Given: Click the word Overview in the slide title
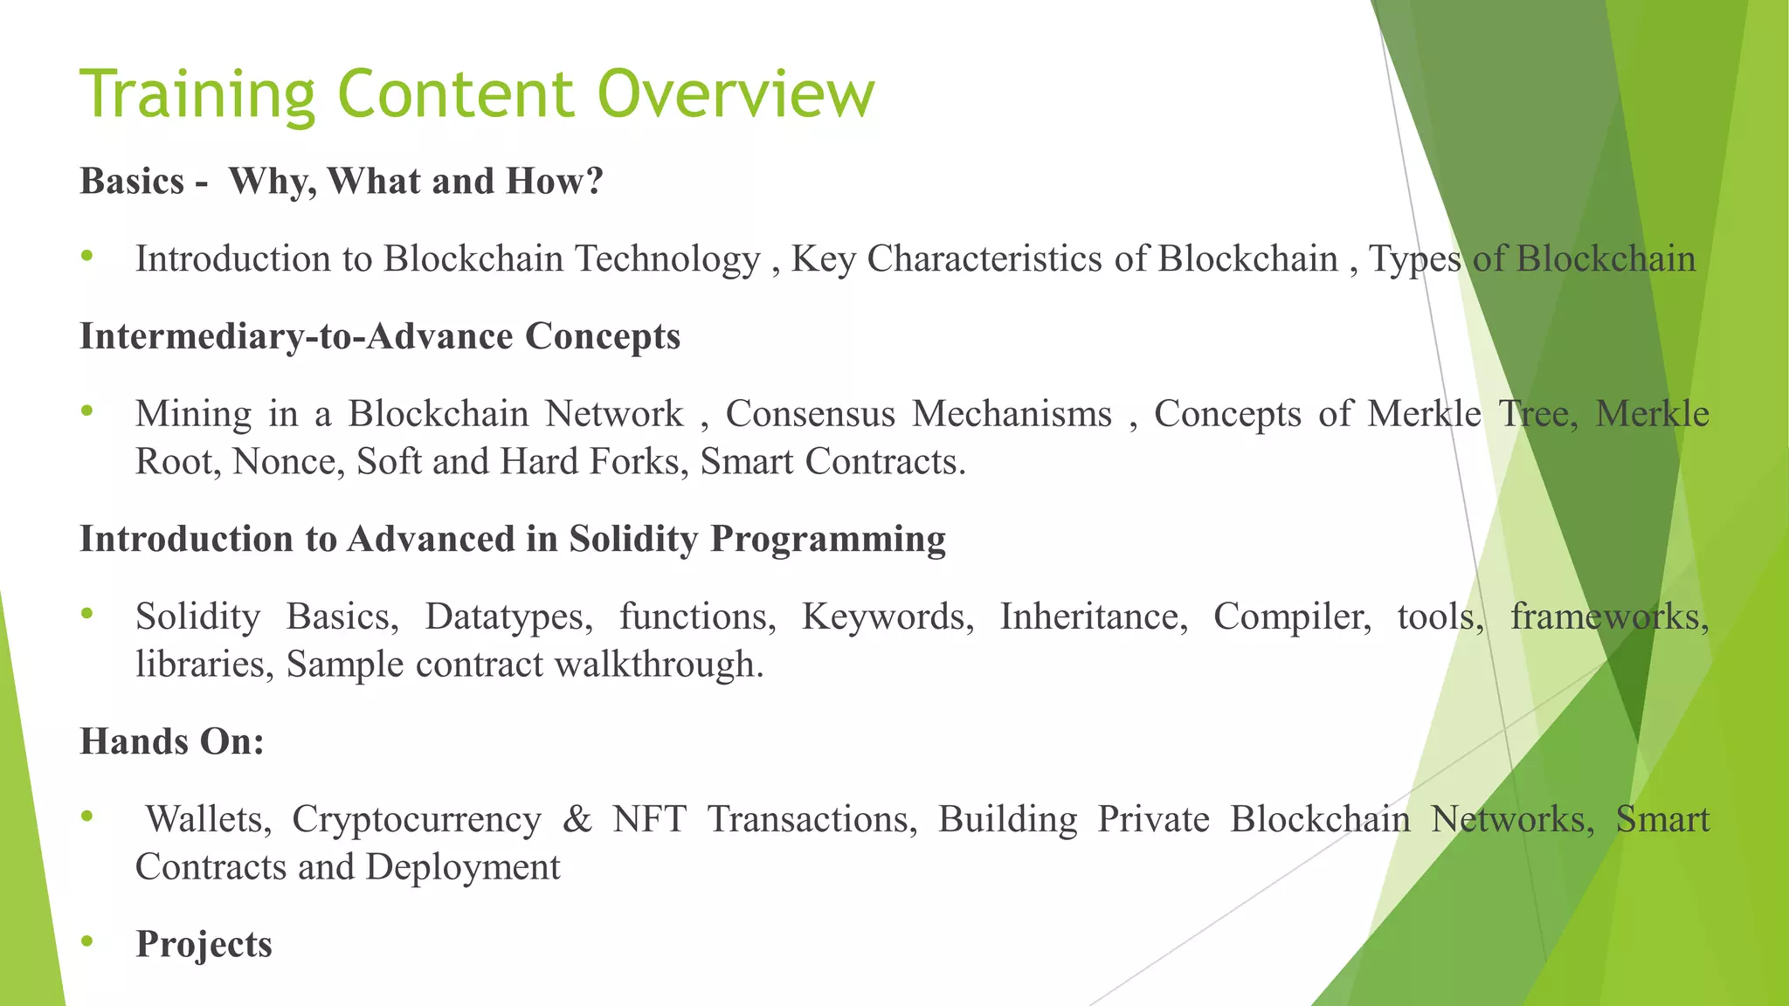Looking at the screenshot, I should click(736, 94).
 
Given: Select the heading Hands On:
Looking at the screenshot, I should click(172, 742).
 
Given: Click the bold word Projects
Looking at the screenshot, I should click(204, 945).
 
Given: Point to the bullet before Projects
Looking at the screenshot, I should click(86, 941).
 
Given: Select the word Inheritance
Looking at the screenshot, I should click(1093, 617).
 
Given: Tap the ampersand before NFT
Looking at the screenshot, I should click(577, 819).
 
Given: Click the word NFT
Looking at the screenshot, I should click(649, 819).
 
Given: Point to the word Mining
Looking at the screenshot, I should click(193, 414).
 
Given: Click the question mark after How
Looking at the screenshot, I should click(594, 182).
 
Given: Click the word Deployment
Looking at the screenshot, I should click(463, 868).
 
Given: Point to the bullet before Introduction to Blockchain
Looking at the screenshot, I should click(86, 256).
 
